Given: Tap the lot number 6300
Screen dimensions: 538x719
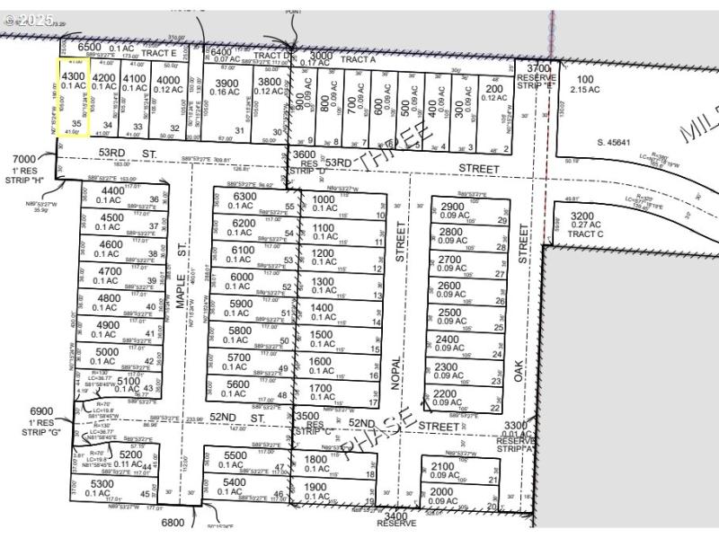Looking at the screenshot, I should click(244, 197).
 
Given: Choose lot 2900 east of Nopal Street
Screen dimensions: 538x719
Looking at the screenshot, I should click(453, 207).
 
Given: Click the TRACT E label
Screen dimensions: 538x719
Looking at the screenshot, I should click(158, 52).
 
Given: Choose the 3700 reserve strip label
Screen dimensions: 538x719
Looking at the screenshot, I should click(537, 74).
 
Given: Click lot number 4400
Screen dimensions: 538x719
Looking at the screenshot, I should click(113, 190).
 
